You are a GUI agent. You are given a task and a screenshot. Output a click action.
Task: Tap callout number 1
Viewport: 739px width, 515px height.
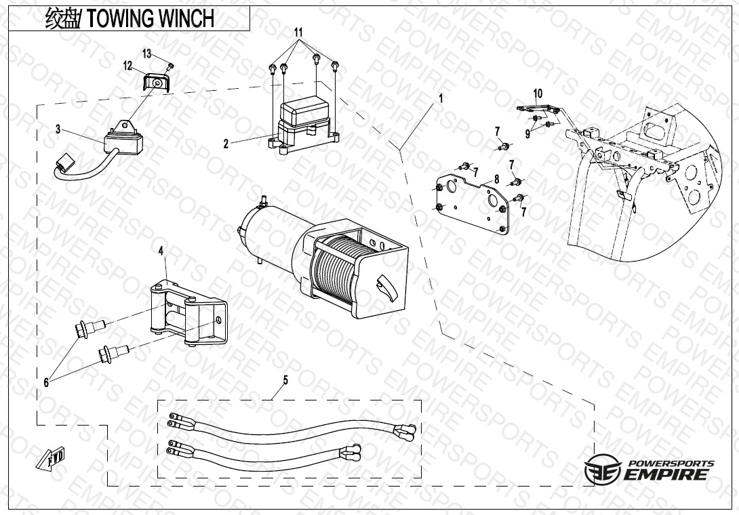tap(441, 98)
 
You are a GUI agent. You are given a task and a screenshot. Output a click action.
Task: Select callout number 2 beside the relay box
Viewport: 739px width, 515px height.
tap(226, 143)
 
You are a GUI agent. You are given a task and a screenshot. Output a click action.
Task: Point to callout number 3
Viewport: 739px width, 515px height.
tap(58, 128)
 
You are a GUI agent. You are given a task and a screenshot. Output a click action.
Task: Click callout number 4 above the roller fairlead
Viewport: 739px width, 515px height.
tap(161, 251)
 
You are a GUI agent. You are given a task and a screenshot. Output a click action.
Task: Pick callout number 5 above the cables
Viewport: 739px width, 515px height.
tap(285, 380)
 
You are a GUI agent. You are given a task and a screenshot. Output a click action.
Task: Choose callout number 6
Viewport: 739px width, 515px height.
tap(46, 382)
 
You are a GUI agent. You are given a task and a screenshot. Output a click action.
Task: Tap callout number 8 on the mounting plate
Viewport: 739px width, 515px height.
tap(496, 179)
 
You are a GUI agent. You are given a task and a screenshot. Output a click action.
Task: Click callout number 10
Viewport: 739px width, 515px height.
tap(538, 93)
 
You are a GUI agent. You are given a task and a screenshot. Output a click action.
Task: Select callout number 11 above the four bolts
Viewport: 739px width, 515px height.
tap(298, 33)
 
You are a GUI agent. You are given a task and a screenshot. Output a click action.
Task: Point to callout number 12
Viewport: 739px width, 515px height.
tap(127, 66)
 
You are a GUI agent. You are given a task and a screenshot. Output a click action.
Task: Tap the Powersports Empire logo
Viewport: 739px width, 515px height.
tap(649, 468)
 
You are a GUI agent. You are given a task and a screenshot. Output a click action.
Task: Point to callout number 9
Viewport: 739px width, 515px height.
tap(527, 133)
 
